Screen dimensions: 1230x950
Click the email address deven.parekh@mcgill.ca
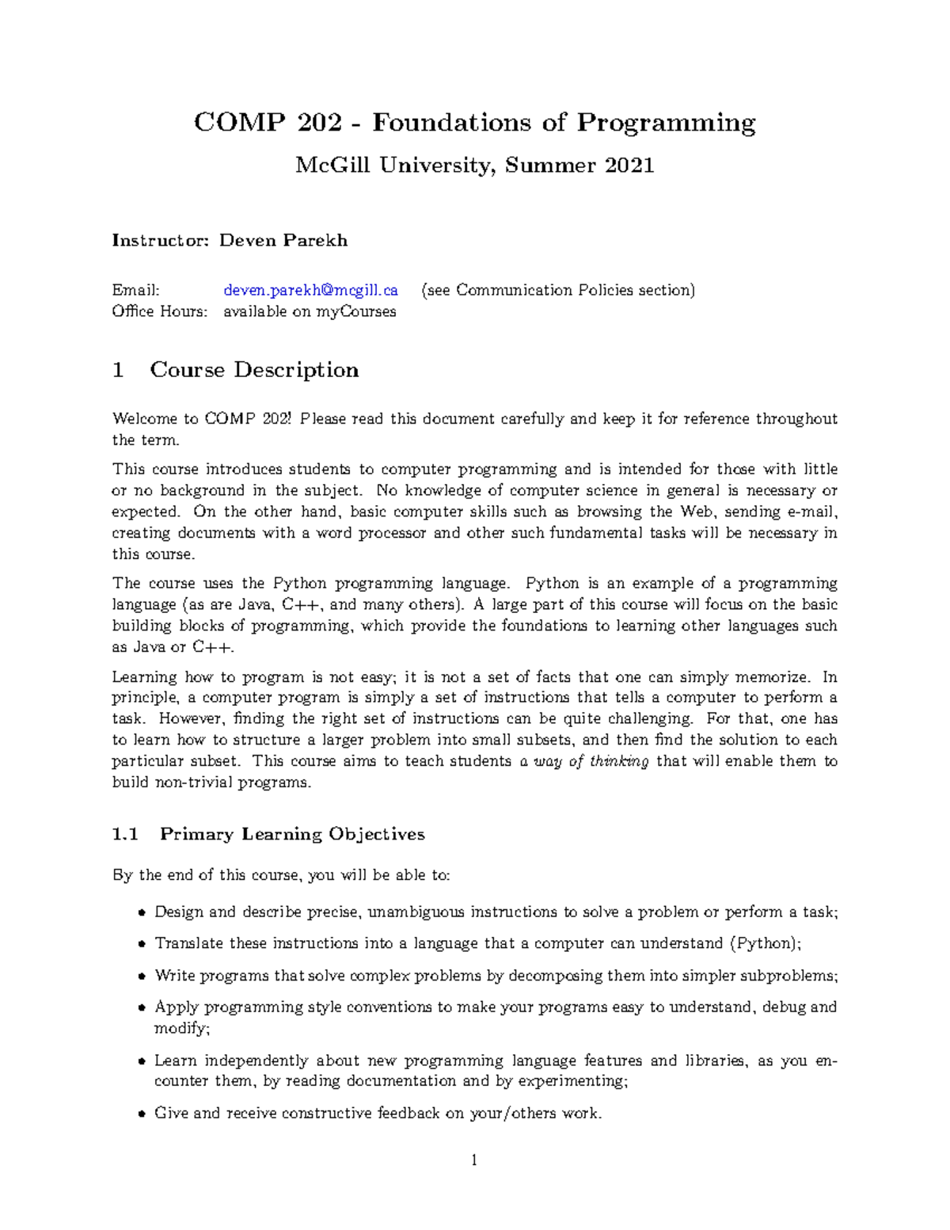(310, 291)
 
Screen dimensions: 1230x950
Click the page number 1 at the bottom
(474, 1161)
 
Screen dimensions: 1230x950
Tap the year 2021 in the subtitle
(629, 166)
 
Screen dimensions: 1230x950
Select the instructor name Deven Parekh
(283, 241)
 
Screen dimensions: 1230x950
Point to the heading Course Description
(254, 370)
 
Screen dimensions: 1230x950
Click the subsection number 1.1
(125, 834)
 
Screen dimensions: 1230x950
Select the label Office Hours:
(159, 312)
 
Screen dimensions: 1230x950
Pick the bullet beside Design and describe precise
(142, 912)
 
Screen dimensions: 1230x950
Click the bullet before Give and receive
(142, 1114)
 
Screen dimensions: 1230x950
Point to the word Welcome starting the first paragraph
(145, 419)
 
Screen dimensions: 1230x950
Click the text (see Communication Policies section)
(558, 291)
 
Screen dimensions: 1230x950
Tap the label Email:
(135, 291)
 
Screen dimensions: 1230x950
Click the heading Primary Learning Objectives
(292, 834)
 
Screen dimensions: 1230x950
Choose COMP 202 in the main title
(268, 123)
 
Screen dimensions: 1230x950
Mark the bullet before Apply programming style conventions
(142, 1008)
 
